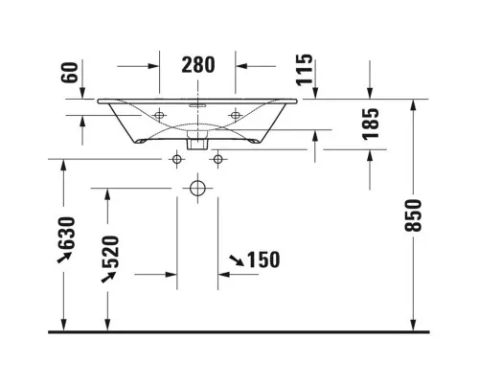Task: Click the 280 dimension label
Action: click(198, 65)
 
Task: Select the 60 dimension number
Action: click(70, 73)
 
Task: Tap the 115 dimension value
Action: click(305, 70)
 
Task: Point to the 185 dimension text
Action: click(371, 124)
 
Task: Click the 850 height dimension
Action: click(413, 215)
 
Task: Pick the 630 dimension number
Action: click(67, 234)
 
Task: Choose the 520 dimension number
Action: click(111, 252)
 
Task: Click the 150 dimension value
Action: click(263, 259)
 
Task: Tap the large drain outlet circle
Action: click(197, 188)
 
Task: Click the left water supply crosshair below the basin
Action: click(177, 159)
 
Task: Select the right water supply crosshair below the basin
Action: click(218, 159)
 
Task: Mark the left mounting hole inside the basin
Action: click(159, 115)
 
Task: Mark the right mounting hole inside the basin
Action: click(235, 115)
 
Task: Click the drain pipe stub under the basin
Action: click(197, 140)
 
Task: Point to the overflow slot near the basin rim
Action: click(197, 105)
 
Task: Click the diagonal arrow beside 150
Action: click(237, 260)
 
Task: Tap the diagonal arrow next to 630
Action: click(64, 258)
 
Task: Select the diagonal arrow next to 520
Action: click(108, 277)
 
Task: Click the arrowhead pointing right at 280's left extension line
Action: click(153, 66)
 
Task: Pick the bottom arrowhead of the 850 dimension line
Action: click(413, 326)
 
